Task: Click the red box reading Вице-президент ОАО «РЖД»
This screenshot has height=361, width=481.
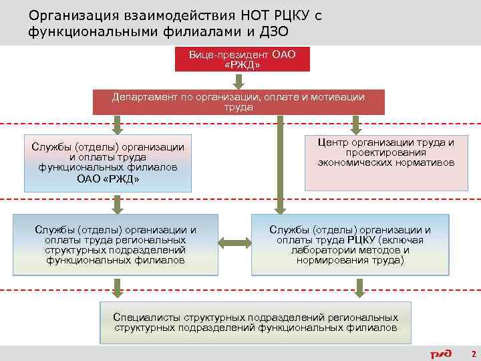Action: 242,59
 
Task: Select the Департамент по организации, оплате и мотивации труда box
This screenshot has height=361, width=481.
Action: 238,102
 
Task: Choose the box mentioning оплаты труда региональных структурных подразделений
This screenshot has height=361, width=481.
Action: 116,245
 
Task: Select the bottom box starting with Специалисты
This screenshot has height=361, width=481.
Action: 256,323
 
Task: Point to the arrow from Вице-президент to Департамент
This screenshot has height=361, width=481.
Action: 238,81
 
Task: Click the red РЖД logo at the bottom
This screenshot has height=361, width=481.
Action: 441,353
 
